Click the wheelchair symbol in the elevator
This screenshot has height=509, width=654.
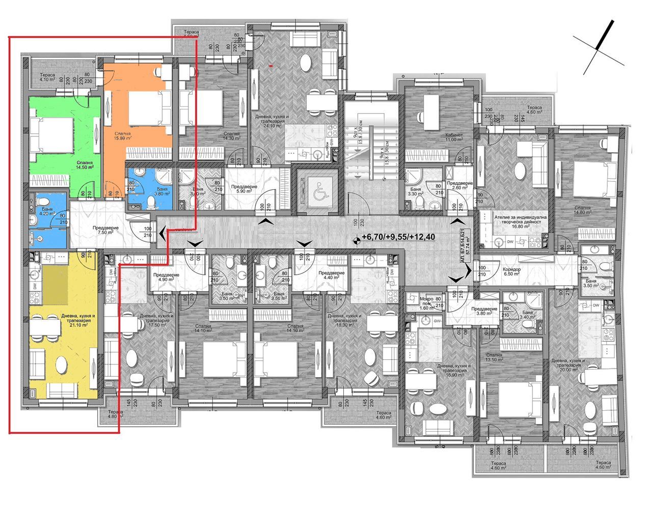(x=314, y=186)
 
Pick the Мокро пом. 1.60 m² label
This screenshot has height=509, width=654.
(x=426, y=303)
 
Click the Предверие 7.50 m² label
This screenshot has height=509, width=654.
(x=105, y=231)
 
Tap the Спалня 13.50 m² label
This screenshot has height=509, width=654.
(x=494, y=358)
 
